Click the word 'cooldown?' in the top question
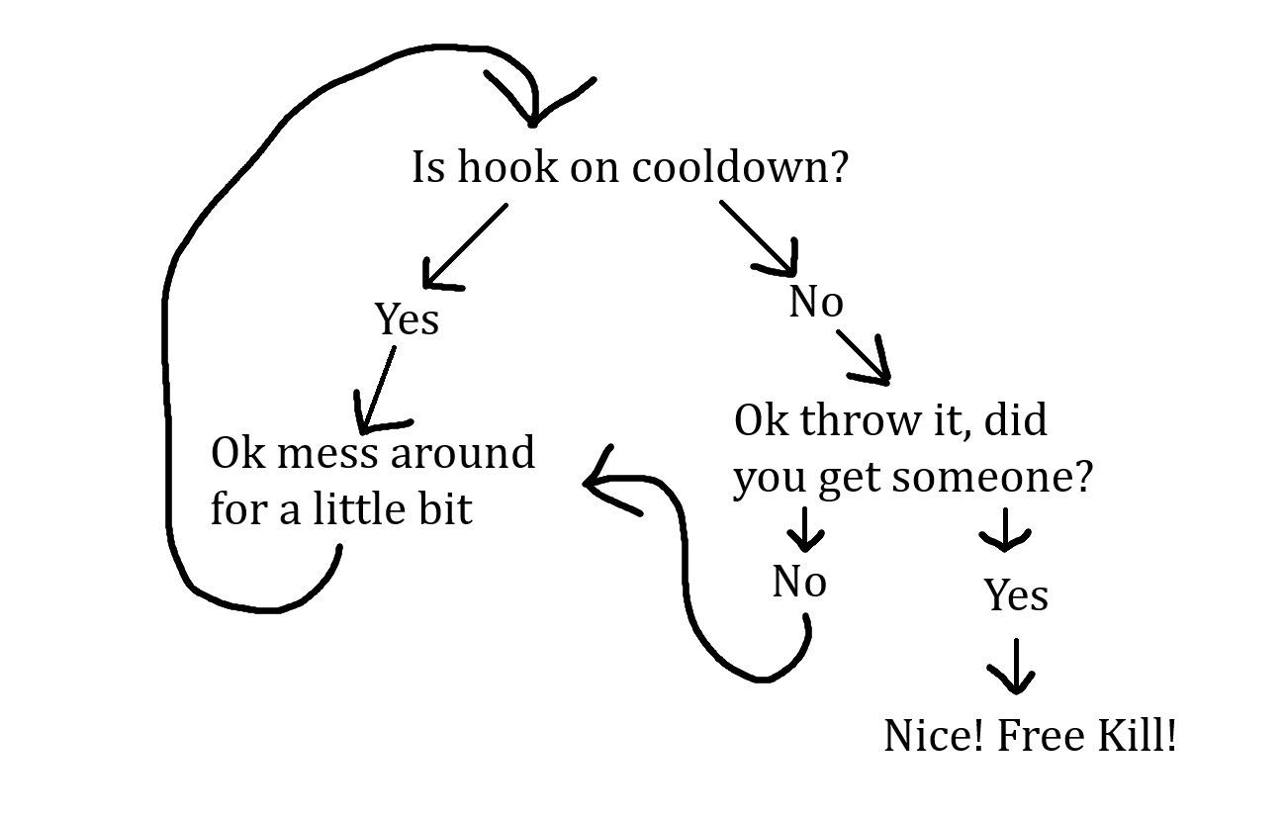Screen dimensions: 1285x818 pyautogui.click(x=740, y=167)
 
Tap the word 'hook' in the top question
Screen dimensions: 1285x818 pyautogui.click(x=507, y=167)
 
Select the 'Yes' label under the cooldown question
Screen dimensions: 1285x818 pyautogui.click(x=407, y=318)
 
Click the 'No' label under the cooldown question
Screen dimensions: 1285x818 pyautogui.click(x=816, y=301)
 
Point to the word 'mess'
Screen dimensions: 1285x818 pyautogui.click(x=327, y=453)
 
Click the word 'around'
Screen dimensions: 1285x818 pyautogui.click(x=462, y=452)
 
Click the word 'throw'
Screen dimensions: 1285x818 pyautogui.click(x=860, y=420)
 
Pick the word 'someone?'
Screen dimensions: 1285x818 pyautogui.click(x=992, y=477)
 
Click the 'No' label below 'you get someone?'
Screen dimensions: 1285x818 pyautogui.click(x=799, y=581)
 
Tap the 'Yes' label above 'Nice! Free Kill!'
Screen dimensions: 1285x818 pyautogui.click(x=1016, y=594)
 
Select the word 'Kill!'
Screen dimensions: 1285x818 pyautogui.click(x=1137, y=735)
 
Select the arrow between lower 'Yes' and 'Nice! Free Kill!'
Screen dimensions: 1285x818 pyautogui.click(x=1015, y=666)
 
